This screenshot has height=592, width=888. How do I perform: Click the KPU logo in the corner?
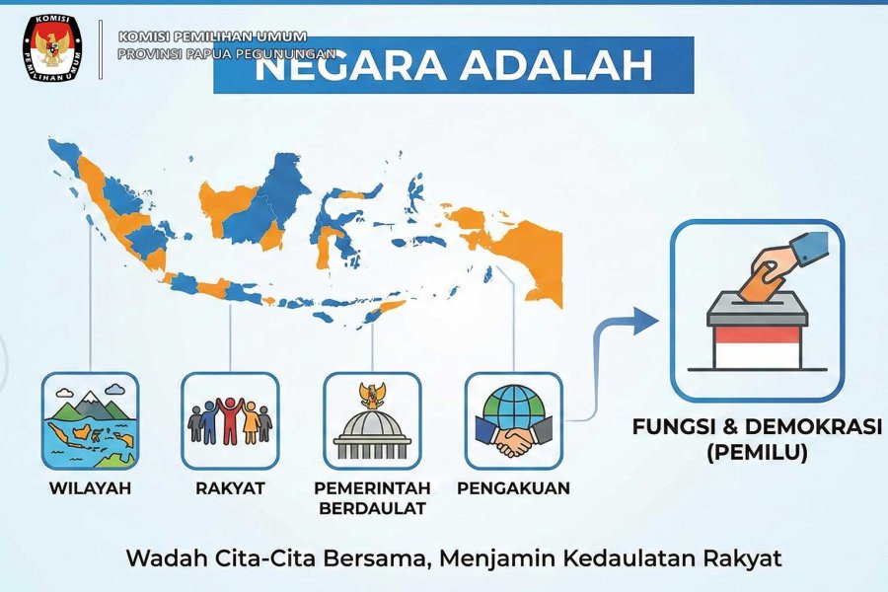tap(52, 48)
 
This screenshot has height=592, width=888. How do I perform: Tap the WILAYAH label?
tap(90, 487)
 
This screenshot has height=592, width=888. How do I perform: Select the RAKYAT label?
tap(230, 487)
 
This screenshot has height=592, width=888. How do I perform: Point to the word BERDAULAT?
tap(372, 508)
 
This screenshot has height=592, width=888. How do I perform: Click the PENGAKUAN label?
tap(514, 487)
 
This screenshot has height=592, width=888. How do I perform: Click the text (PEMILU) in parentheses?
tap(757, 452)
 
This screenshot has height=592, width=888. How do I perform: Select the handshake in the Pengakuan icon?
tap(514, 440)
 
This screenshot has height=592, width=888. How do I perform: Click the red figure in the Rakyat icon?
tap(230, 420)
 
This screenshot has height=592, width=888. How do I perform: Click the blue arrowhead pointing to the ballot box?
tap(645, 321)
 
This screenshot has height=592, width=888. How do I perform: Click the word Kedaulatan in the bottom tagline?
tap(629, 558)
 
